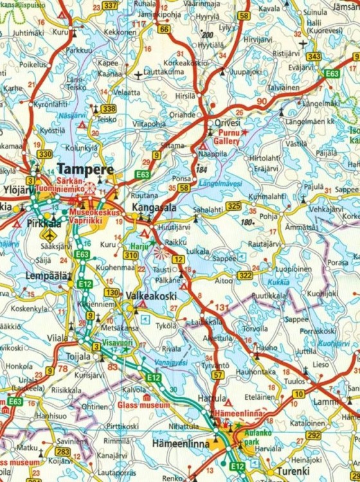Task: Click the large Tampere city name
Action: (x=85, y=169)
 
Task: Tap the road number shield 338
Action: (x=109, y=109)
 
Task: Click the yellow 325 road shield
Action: (x=233, y=206)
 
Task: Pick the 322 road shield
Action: (x=245, y=275)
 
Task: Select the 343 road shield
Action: (x=314, y=57)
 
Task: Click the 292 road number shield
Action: (x=313, y=435)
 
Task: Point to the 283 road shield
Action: (x=62, y=452)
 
